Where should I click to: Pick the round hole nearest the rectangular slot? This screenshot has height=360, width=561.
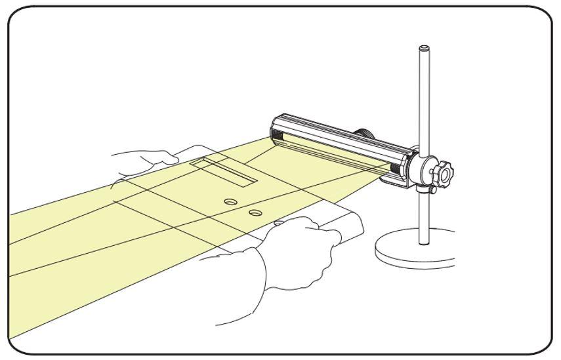tap(230, 202)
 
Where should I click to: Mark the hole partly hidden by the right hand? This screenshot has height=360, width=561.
tap(278, 224)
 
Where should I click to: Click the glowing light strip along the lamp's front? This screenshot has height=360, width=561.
tap(335, 153)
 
